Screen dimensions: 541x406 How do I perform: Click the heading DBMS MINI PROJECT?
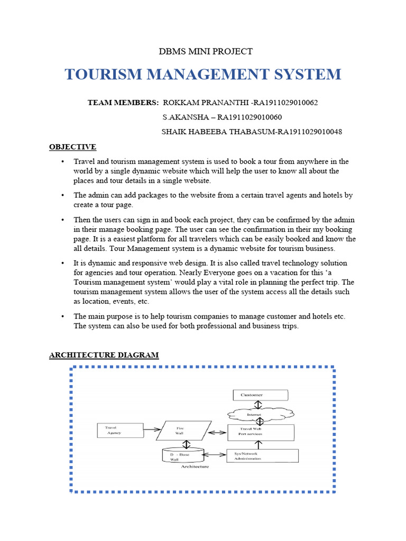tap(206, 51)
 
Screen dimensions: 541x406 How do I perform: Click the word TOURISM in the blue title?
tap(104, 74)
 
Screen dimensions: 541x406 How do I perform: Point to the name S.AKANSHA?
tap(183, 117)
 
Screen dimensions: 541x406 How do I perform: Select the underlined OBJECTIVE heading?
tap(72, 146)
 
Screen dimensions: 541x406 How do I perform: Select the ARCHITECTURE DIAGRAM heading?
tap(104, 355)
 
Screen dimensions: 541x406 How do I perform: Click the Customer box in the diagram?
tap(261, 395)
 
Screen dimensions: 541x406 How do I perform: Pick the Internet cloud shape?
tap(257, 415)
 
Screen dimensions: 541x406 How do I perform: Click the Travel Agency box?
tap(119, 430)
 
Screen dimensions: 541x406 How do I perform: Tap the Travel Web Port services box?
tap(260, 432)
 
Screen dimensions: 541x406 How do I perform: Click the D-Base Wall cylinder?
tap(183, 455)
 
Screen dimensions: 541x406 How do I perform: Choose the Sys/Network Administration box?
tap(262, 455)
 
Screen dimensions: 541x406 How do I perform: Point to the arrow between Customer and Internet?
tap(257, 405)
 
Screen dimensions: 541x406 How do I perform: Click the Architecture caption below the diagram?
tap(195, 467)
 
